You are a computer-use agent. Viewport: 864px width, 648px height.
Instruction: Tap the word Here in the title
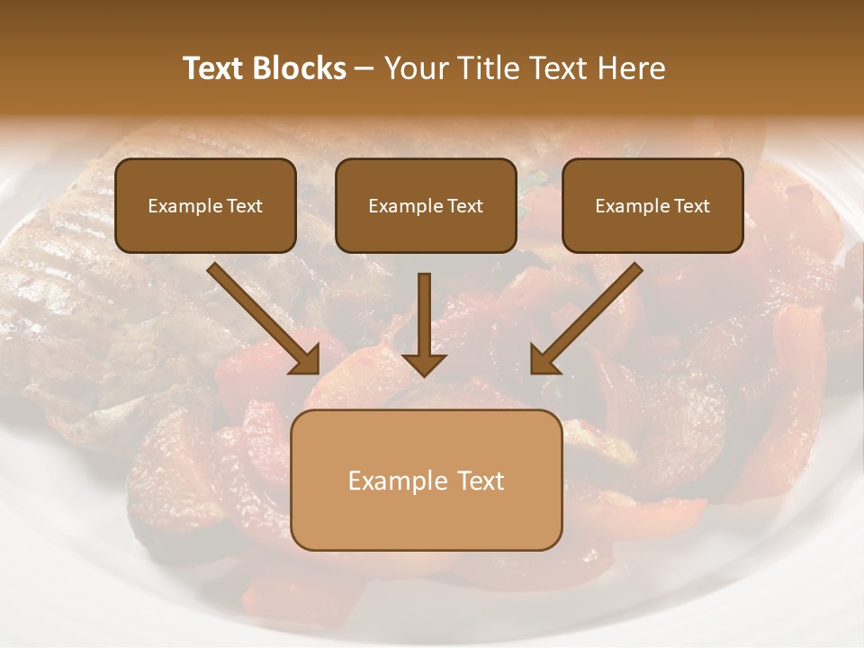pyautogui.click(x=631, y=68)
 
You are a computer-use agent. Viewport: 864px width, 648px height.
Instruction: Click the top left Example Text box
pyautogui.click(x=205, y=205)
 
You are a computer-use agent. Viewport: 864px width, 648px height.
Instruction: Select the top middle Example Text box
pyautogui.click(x=426, y=205)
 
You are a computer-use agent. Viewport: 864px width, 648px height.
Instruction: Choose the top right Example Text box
pyautogui.click(x=652, y=205)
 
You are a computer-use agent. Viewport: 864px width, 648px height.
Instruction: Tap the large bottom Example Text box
pyautogui.click(x=426, y=480)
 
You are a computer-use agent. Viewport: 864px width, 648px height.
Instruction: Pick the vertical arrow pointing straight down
pyautogui.click(x=424, y=324)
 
